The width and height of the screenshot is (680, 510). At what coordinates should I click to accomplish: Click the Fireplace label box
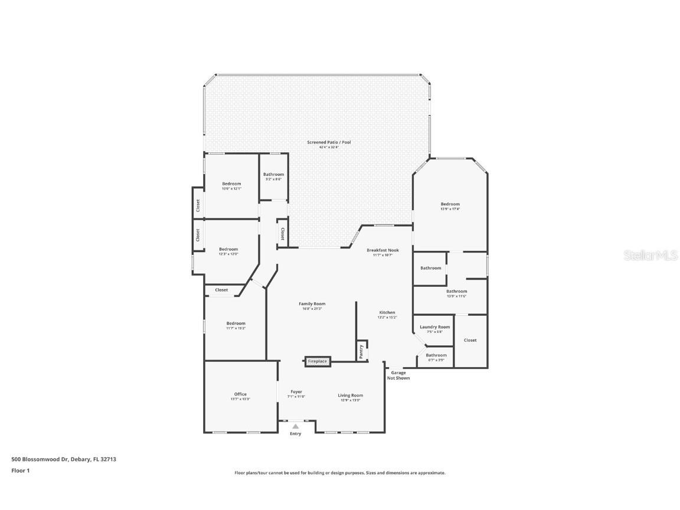point(317,361)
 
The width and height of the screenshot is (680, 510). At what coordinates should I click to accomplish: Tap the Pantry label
point(361,351)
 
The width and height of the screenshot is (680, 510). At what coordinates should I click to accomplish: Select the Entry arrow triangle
point(295,426)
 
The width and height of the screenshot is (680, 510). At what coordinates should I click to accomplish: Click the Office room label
point(240,394)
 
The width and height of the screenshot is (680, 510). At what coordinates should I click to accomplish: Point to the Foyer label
point(296,392)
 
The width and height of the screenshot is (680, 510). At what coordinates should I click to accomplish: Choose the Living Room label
point(350,395)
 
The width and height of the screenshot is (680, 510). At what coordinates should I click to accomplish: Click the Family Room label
point(312,304)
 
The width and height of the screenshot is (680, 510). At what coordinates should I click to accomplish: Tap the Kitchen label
point(387,313)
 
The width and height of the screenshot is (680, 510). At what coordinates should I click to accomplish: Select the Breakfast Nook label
point(382,250)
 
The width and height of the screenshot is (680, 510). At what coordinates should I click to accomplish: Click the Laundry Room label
point(435,327)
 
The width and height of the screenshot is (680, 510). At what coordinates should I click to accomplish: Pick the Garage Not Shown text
point(398,375)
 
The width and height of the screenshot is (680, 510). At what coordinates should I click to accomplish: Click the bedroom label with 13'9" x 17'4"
point(450,204)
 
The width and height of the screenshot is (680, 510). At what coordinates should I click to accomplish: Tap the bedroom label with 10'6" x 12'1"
point(231,184)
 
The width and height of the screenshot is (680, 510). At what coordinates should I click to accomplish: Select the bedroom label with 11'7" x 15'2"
point(236,323)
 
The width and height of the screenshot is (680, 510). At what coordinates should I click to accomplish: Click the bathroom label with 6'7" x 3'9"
point(436,355)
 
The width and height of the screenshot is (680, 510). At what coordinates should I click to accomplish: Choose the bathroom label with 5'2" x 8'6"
point(273,175)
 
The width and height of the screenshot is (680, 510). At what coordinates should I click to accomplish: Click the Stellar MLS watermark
point(652,256)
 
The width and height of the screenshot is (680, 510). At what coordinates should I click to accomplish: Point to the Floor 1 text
point(20,470)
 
